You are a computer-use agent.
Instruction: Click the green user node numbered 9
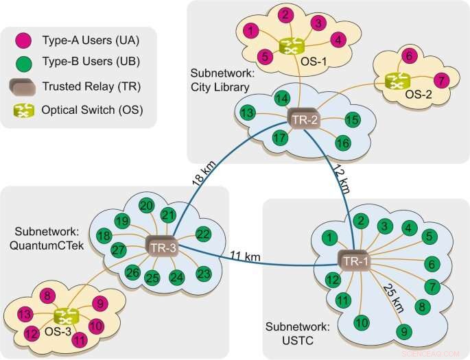(404, 333)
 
